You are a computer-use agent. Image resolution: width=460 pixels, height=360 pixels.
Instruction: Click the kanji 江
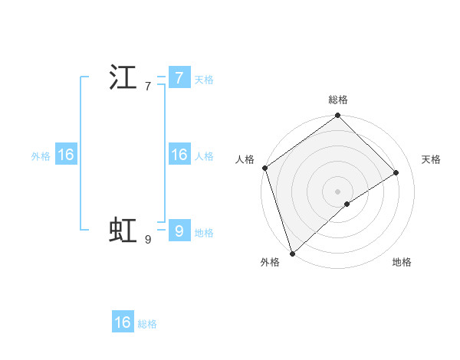click(x=123, y=78)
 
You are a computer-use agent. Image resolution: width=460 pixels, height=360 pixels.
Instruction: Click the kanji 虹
click(x=123, y=231)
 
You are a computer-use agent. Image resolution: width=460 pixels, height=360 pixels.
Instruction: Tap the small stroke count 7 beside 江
click(x=147, y=87)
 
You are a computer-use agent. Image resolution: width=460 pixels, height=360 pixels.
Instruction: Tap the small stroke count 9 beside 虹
click(x=147, y=240)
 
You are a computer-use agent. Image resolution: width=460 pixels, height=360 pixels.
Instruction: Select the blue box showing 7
click(x=179, y=77)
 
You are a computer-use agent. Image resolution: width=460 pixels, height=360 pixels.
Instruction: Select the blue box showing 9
click(x=179, y=231)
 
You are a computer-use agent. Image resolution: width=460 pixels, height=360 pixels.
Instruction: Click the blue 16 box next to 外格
click(x=65, y=155)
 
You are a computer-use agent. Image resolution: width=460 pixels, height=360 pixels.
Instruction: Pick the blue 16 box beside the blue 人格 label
click(x=179, y=155)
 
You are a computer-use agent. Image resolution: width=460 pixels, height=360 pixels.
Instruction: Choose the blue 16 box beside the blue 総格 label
click(x=123, y=322)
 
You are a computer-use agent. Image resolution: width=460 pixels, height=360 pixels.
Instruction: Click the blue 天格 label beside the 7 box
click(x=204, y=80)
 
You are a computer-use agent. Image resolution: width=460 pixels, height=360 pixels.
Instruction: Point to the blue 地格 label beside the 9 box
click(x=204, y=233)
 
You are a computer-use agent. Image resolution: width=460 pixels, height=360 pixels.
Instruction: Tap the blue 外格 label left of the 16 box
click(x=41, y=156)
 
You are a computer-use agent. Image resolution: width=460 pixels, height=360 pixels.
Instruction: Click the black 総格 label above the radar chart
click(x=338, y=100)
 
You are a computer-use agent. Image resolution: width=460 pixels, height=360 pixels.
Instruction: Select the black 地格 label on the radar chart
click(x=402, y=263)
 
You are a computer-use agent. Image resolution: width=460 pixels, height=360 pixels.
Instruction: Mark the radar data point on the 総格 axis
click(x=337, y=116)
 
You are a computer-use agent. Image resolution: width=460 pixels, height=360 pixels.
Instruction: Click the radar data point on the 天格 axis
click(x=396, y=172)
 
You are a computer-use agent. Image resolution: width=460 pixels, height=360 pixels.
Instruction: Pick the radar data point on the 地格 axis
click(x=347, y=204)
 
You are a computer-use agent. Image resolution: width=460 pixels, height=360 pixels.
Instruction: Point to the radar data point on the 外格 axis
click(x=292, y=253)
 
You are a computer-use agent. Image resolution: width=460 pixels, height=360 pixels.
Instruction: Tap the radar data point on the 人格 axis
click(x=265, y=168)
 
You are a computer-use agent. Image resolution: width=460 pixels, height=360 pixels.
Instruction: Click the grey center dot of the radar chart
click(x=337, y=191)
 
